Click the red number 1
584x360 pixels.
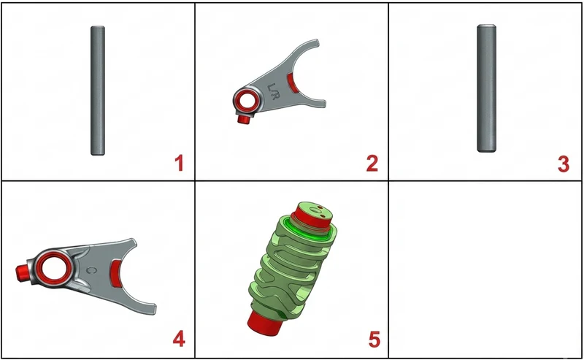coord(180,164)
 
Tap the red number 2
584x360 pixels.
coord(372,164)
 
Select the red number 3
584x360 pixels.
coord(563,164)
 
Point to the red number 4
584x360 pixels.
coord(179,339)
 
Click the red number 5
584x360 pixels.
coord(374,339)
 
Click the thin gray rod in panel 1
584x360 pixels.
coord(98,91)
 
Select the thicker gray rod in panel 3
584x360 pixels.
coord(486,88)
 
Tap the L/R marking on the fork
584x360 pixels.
coord(272,91)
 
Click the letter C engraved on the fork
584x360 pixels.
coord(93,270)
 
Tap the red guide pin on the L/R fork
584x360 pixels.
coord(244,119)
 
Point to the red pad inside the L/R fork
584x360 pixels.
coord(293,83)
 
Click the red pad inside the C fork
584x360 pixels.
coord(117,274)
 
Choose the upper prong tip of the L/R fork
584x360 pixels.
coord(316,41)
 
